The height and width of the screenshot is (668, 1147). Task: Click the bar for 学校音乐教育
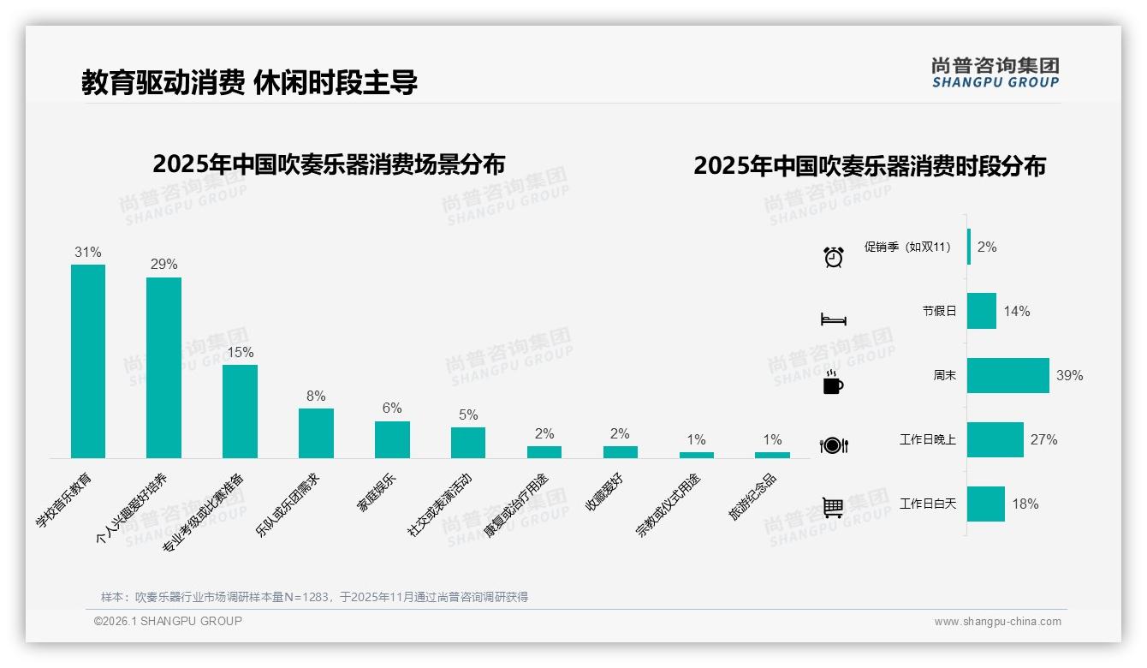point(88,361)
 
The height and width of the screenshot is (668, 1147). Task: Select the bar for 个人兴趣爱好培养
point(163,367)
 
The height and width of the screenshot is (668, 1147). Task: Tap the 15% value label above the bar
point(240,352)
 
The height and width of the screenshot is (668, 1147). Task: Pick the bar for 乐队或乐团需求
point(316,433)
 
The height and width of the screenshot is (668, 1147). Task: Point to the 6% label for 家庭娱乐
point(392,409)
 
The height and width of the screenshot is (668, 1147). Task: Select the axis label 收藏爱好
point(604,493)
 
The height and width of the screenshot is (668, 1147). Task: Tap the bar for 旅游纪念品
point(772,455)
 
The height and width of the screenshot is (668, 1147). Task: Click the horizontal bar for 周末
point(1008,375)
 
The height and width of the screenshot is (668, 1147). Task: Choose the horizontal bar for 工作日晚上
point(995,439)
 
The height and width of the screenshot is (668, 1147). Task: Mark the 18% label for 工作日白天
point(1025,504)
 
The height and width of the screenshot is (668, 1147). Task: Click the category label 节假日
point(939,311)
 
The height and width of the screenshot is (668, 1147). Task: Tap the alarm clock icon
point(834,256)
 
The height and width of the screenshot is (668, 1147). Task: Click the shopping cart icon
point(833,507)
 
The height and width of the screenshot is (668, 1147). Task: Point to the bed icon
point(833,319)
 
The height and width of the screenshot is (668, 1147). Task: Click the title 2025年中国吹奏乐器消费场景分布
point(329,164)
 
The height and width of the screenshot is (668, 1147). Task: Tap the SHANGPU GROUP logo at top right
point(995,72)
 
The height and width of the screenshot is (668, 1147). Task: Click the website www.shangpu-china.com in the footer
point(997,622)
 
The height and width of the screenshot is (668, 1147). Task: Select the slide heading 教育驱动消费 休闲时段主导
point(249,82)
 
